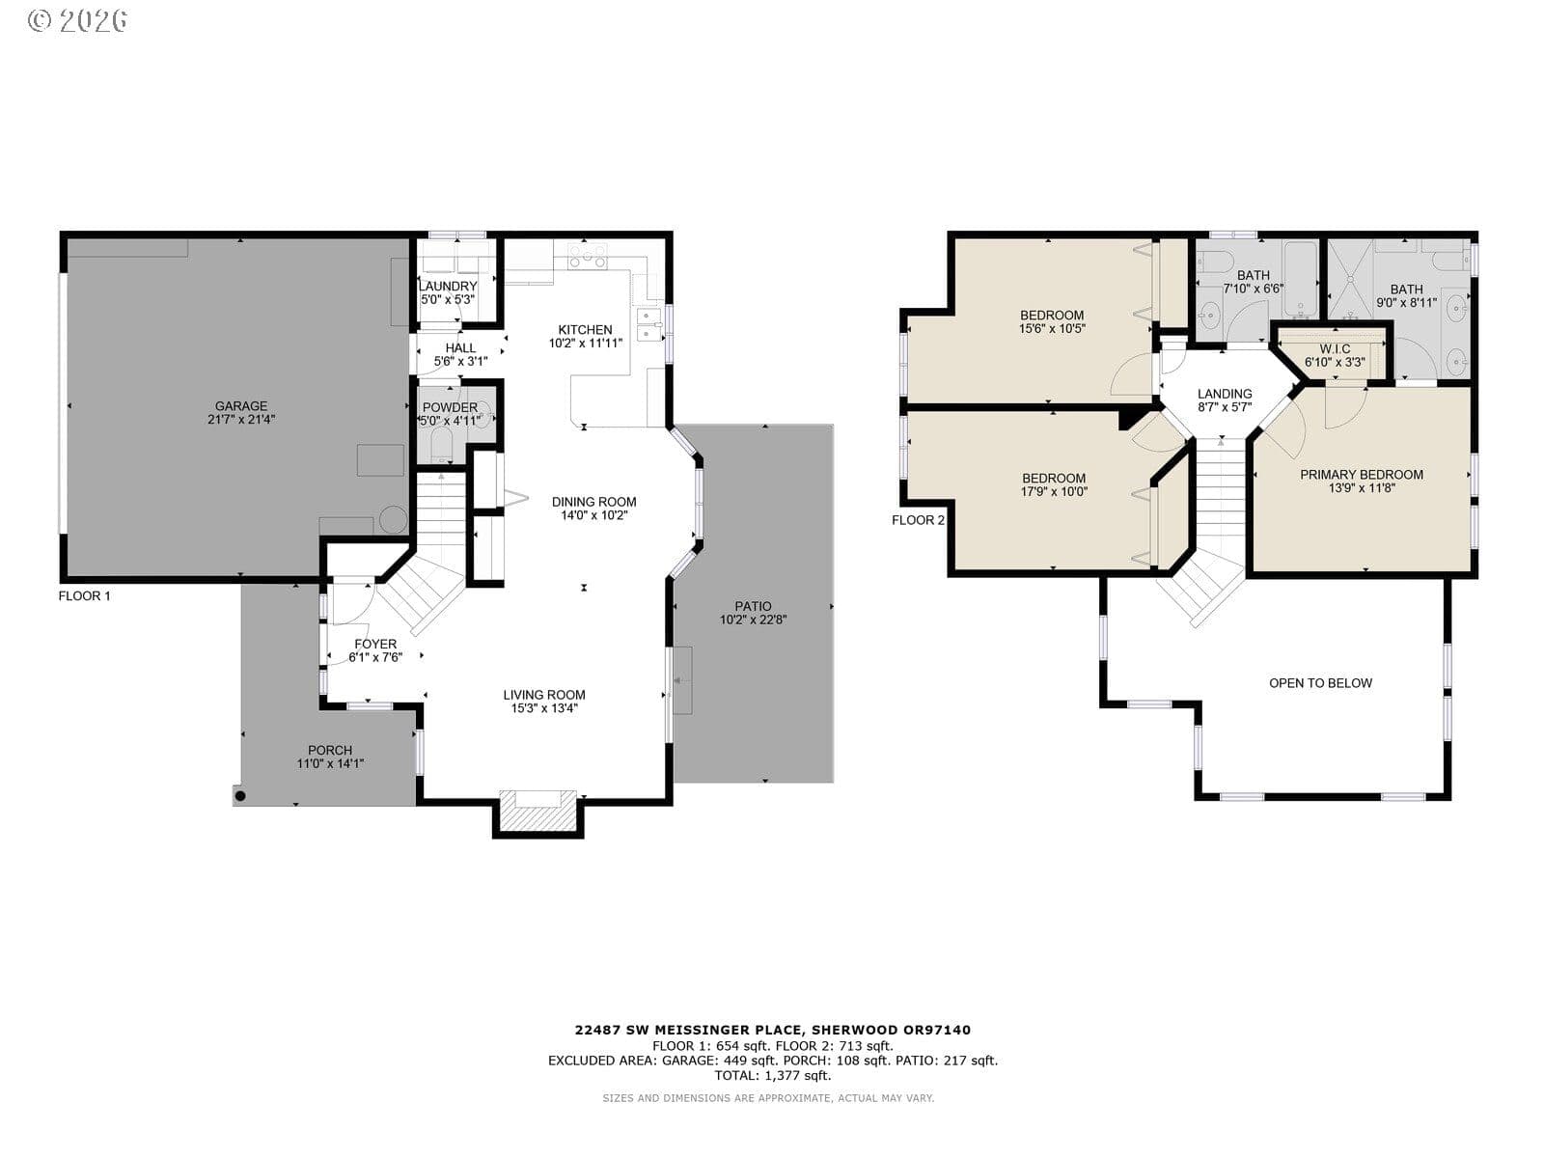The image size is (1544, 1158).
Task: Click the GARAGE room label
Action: pos(240,405)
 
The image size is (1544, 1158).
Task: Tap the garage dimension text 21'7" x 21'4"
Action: pos(240,420)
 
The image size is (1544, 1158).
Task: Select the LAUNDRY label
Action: pos(448,287)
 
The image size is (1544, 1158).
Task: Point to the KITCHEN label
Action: pos(585,330)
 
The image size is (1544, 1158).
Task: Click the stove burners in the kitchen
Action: pos(588,256)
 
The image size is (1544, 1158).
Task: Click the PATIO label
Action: pos(753,606)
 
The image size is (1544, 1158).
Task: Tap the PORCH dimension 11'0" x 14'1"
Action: pos(330,763)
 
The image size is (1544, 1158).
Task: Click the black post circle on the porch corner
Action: pos(240,796)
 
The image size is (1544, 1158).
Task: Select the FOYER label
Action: pos(375,644)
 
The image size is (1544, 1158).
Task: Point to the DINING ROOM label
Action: pos(593,502)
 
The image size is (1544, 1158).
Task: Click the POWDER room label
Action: pos(450,408)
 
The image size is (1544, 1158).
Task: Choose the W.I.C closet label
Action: pos(1335,349)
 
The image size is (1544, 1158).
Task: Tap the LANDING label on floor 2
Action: pos(1225,394)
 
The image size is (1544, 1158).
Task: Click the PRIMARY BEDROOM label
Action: pos(1361,475)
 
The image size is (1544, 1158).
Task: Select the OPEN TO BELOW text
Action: pos(1320,682)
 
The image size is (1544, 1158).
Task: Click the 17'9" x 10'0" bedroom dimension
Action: pos(1054,491)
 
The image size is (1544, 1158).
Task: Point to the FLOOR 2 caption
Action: pos(918,520)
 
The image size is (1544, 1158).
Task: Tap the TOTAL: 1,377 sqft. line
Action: pos(772,1075)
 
